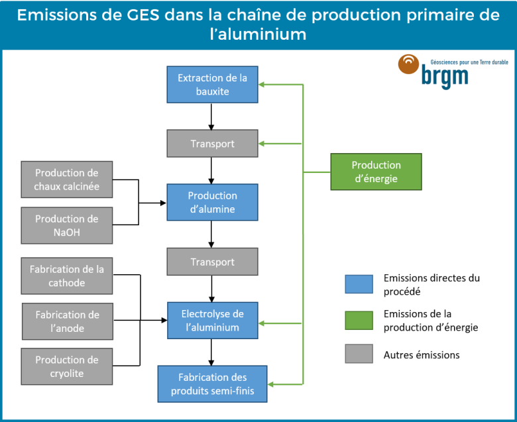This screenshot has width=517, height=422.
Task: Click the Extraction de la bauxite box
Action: [212, 84]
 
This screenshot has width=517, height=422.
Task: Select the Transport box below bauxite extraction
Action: [212, 144]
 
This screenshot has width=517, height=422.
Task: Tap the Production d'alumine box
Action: [212, 202]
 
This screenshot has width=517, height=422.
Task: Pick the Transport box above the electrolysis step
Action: [212, 262]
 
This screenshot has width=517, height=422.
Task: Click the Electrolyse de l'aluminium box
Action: [212, 321]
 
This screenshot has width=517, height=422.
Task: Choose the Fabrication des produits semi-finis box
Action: [212, 384]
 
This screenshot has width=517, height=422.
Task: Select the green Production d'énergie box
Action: [376, 172]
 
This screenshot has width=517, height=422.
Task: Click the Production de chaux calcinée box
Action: [67, 180]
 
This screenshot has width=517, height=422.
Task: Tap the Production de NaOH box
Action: [67, 225]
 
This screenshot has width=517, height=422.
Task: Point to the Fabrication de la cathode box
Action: [67, 276]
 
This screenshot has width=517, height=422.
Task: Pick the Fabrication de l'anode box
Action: [67, 321]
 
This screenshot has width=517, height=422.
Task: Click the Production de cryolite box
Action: [67, 366]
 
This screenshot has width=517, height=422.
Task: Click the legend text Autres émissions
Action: [421, 355]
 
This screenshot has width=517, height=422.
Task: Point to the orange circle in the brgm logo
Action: [408, 64]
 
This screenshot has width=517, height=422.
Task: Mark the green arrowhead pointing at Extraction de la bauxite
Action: [262, 84]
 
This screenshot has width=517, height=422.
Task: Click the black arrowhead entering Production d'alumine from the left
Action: [163, 202]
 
